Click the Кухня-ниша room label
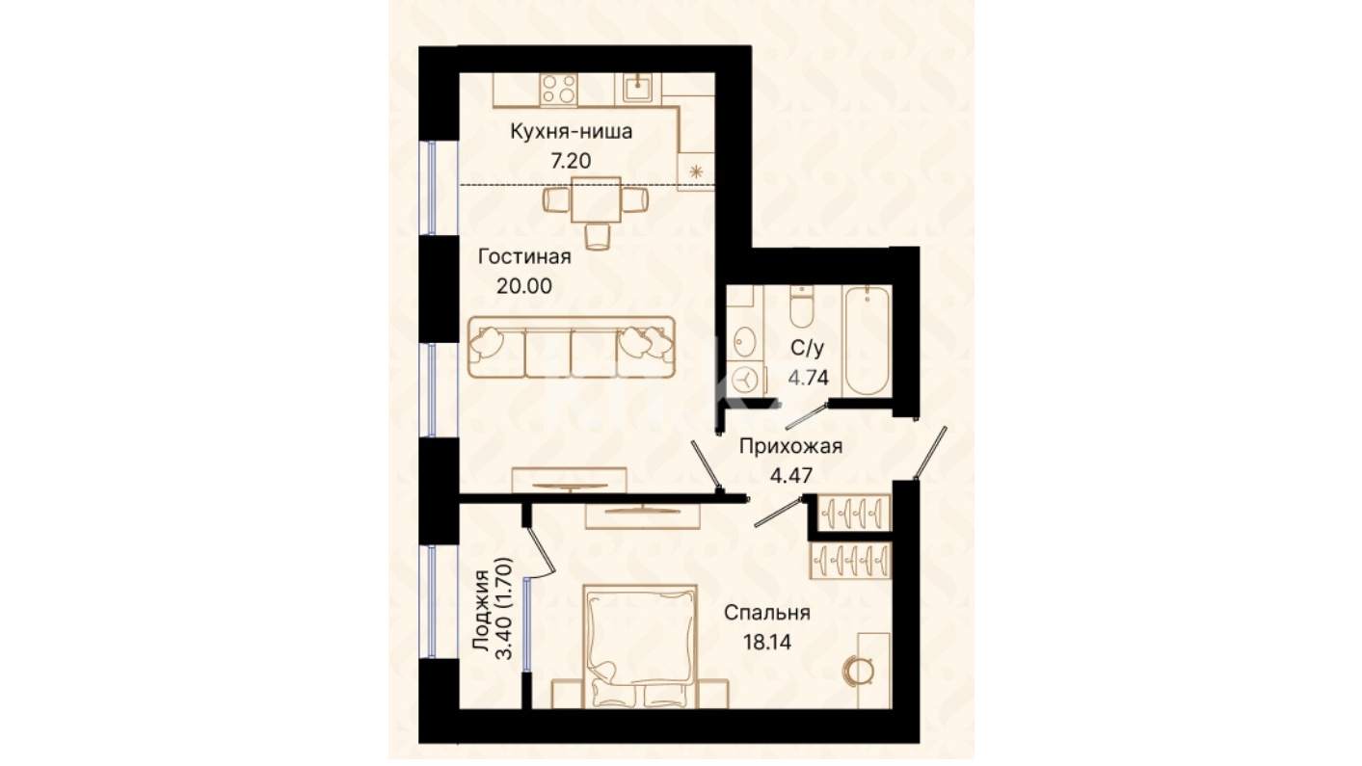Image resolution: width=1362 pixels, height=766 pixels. click(x=571, y=131)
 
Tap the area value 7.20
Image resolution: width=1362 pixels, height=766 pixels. click(x=571, y=161)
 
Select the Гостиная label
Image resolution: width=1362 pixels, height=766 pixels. click(x=524, y=256)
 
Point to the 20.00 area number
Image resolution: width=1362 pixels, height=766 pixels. click(x=524, y=286)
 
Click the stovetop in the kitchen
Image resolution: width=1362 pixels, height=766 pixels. click(x=559, y=89)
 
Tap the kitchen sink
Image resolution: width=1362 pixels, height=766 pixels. click(x=637, y=89)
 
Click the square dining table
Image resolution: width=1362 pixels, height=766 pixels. click(x=596, y=199)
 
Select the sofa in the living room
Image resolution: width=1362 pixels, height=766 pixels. click(x=572, y=347)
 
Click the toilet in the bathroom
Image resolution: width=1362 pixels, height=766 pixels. click(x=801, y=306)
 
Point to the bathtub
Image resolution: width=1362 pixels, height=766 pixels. click(x=867, y=340)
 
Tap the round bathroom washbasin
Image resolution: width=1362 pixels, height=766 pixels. click(x=744, y=342)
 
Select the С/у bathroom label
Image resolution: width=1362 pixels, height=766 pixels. click(x=808, y=349)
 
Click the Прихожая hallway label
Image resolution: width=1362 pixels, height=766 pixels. click(x=791, y=447)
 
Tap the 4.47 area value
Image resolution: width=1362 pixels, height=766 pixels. click(x=791, y=475)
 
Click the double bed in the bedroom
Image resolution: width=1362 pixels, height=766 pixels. click(x=640, y=647)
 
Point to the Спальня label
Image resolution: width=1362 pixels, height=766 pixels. click(x=767, y=613)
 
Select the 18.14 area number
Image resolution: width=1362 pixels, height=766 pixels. click(x=767, y=642)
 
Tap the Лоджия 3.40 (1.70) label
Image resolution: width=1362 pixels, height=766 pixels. click(x=494, y=610)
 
